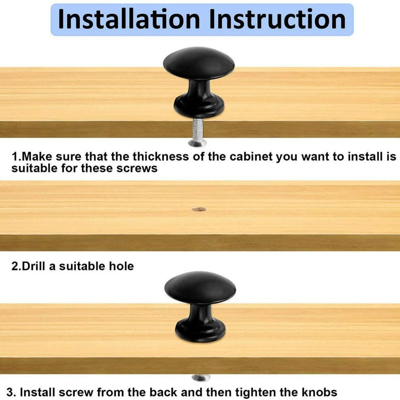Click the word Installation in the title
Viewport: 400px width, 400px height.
pyautogui.click(x=129, y=19)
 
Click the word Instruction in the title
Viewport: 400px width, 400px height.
pyautogui.click(x=277, y=19)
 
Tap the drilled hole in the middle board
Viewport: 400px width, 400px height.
pyautogui.click(x=199, y=210)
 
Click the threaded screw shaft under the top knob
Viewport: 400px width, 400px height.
pyautogui.click(x=198, y=129)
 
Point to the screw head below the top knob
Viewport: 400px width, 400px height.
pyautogui.click(x=197, y=143)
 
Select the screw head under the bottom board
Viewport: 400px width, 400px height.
pyautogui.click(x=201, y=377)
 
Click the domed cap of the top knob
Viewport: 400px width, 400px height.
pyautogui.click(x=199, y=63)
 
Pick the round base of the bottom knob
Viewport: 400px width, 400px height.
pyautogui.click(x=200, y=331)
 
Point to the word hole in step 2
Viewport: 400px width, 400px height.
pyautogui.click(x=122, y=266)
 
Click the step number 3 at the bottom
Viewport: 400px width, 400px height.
pyautogui.click(x=10, y=392)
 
